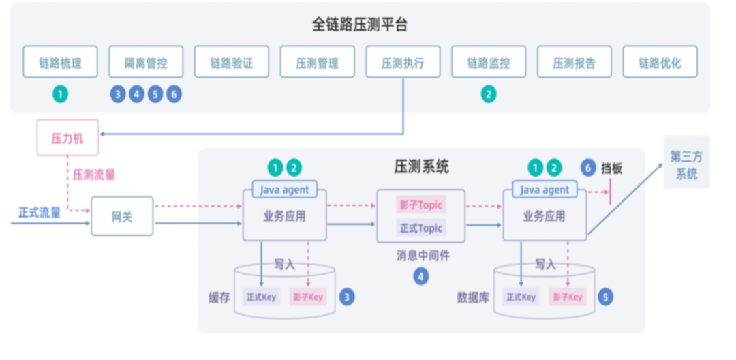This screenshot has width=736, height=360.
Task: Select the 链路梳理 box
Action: point(60,63)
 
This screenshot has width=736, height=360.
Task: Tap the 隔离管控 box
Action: point(146,63)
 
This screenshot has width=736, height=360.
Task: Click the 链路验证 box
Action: point(231,63)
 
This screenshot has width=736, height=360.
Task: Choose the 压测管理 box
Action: point(317,63)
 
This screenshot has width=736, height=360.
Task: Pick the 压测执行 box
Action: point(403,63)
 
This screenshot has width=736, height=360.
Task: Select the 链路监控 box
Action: point(488,63)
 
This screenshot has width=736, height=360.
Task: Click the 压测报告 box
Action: point(574,63)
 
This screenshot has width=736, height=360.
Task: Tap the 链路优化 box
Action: point(660,63)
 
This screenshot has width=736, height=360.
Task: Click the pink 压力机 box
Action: point(67,138)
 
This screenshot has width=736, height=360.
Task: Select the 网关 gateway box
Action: point(122,216)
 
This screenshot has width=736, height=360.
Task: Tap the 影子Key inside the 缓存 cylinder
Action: point(308,297)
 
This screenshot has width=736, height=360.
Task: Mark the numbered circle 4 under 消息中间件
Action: point(420,276)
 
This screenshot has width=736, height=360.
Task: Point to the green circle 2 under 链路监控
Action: point(488,95)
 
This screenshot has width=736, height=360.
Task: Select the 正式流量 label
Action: point(40,212)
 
